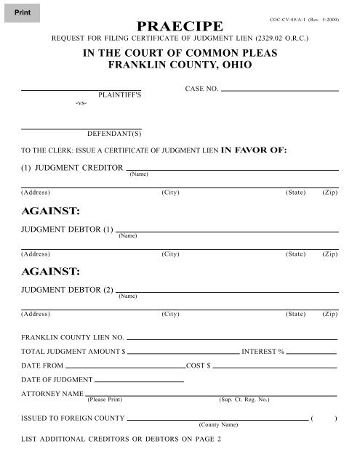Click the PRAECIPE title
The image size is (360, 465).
pos(179,28)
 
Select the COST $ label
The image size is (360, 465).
pos(198,365)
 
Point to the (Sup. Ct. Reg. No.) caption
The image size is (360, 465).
pos(244,400)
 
